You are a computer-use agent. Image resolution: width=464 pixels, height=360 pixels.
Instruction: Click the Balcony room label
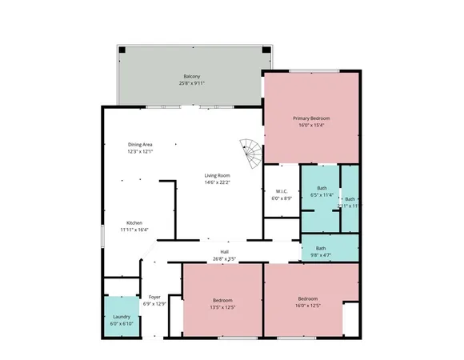191,77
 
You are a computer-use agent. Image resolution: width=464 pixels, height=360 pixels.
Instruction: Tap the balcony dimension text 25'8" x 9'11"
191,83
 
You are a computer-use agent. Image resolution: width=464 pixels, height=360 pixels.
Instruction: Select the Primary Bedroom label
310,118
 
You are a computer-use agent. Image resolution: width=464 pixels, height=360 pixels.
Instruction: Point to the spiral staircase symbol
250,151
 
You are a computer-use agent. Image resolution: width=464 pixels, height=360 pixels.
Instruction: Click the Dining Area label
140,144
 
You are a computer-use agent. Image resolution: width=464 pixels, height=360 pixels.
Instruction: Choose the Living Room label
217,175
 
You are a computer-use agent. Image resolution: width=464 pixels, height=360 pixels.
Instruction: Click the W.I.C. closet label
281,190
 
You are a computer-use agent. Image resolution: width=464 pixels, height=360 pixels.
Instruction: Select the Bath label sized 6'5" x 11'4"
322,188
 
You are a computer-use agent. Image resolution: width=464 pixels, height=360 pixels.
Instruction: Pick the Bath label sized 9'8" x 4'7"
321,248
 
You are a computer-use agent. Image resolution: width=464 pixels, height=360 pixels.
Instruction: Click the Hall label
225,253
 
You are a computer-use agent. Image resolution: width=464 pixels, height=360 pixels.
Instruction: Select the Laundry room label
121,316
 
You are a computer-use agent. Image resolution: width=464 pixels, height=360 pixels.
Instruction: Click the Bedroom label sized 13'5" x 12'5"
223,300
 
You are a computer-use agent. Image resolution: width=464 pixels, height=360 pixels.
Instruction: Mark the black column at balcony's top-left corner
122,50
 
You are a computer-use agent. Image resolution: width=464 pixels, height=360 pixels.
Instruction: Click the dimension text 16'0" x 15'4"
310,124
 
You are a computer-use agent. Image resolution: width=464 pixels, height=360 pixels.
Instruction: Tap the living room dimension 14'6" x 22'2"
217,182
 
